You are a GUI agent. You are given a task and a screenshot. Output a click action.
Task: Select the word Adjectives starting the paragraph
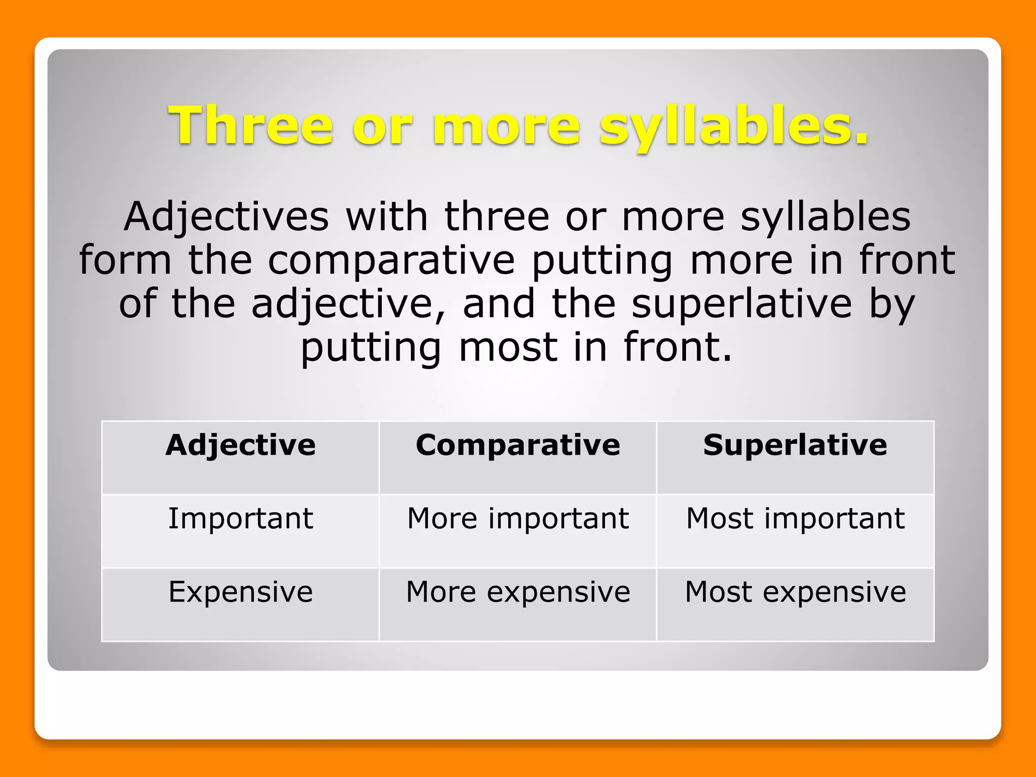[227, 217]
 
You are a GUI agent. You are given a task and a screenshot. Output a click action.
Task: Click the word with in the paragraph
[386, 217]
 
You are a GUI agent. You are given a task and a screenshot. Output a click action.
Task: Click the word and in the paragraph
[499, 304]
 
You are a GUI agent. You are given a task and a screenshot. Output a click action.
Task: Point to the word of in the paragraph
[138, 304]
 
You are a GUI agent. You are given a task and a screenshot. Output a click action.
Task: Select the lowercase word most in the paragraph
[508, 348]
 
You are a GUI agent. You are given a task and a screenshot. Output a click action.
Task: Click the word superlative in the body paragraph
[742, 304]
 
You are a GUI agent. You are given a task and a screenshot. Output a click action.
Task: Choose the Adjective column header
[240, 445]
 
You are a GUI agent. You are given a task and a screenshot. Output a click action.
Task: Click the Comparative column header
[518, 445]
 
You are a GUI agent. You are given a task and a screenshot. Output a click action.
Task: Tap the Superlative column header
[795, 445]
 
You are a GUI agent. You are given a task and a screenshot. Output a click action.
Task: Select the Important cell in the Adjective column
[240, 519]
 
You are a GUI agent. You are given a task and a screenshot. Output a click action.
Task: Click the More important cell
[518, 519]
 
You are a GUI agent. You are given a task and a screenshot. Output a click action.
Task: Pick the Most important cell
[795, 519]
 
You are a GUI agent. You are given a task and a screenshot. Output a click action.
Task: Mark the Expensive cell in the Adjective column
[240, 592]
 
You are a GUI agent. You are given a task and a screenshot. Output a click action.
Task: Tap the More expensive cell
[518, 592]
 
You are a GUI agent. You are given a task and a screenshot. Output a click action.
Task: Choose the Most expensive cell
[795, 592]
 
